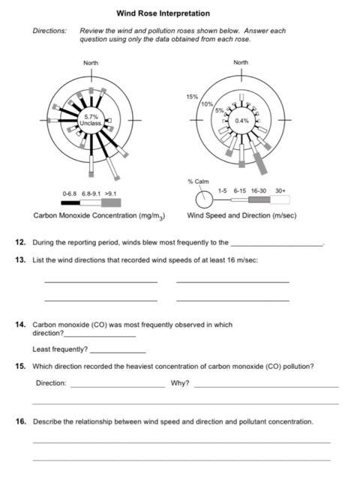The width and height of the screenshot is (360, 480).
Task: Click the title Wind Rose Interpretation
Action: point(163,13)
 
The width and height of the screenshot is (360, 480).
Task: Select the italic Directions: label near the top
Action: point(49,31)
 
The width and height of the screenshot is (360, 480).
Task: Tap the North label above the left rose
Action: point(91,62)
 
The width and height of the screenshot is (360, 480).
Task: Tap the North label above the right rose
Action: point(241,62)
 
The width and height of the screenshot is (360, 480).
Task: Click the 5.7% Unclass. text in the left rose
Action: point(91,119)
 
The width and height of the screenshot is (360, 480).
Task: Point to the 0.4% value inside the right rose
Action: point(241,120)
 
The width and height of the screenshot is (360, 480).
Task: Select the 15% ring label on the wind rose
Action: point(192,97)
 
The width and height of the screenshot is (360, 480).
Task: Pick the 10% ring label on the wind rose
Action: point(207,103)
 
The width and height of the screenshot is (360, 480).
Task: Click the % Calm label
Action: point(198,181)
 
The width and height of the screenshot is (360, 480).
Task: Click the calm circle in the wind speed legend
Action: point(203,200)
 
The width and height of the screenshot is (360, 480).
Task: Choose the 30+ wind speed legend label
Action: point(280,190)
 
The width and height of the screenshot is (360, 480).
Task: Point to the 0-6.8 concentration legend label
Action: point(70,193)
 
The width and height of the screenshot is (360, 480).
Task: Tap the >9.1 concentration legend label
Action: point(110,193)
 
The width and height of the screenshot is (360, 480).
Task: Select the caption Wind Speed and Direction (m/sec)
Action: point(241,215)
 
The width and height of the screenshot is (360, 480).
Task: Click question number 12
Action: point(21,242)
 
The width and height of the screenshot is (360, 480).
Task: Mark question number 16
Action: point(21,421)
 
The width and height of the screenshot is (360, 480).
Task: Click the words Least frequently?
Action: point(60,349)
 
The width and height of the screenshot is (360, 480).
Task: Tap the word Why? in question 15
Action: point(180,383)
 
